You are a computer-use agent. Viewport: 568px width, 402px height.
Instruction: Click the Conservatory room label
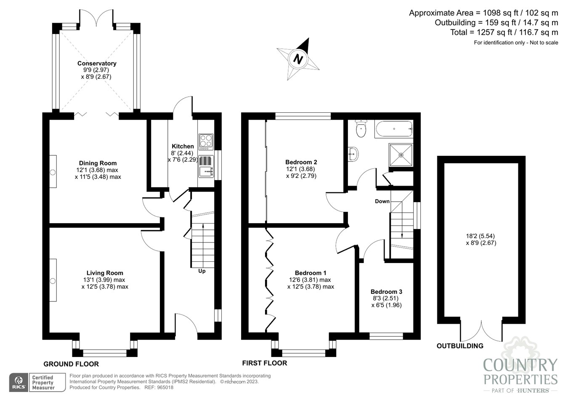click(97, 64)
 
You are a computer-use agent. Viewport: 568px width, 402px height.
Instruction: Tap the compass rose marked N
click(298, 59)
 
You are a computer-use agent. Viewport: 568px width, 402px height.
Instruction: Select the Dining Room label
click(98, 163)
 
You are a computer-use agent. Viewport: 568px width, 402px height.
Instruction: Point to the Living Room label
click(105, 273)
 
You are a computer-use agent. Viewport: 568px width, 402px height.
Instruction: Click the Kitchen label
click(183, 146)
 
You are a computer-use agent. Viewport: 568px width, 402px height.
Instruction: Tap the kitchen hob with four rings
click(206, 142)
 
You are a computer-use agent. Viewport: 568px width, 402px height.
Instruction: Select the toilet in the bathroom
click(361, 129)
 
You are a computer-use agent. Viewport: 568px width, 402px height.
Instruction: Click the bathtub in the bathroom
click(394, 129)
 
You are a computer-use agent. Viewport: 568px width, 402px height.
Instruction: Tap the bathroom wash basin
click(353, 154)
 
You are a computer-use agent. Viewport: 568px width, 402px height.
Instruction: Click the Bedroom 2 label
click(301, 162)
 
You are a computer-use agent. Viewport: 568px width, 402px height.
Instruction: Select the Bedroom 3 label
click(386, 292)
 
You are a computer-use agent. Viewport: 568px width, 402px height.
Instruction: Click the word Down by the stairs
click(382, 201)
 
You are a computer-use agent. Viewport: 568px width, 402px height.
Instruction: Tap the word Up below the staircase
click(202, 271)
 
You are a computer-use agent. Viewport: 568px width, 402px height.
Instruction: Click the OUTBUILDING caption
click(460, 346)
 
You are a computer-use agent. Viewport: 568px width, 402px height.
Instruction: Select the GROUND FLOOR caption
click(71, 364)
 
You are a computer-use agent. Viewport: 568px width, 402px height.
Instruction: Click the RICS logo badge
click(19, 382)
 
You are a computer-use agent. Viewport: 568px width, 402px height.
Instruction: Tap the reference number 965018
click(165, 387)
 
